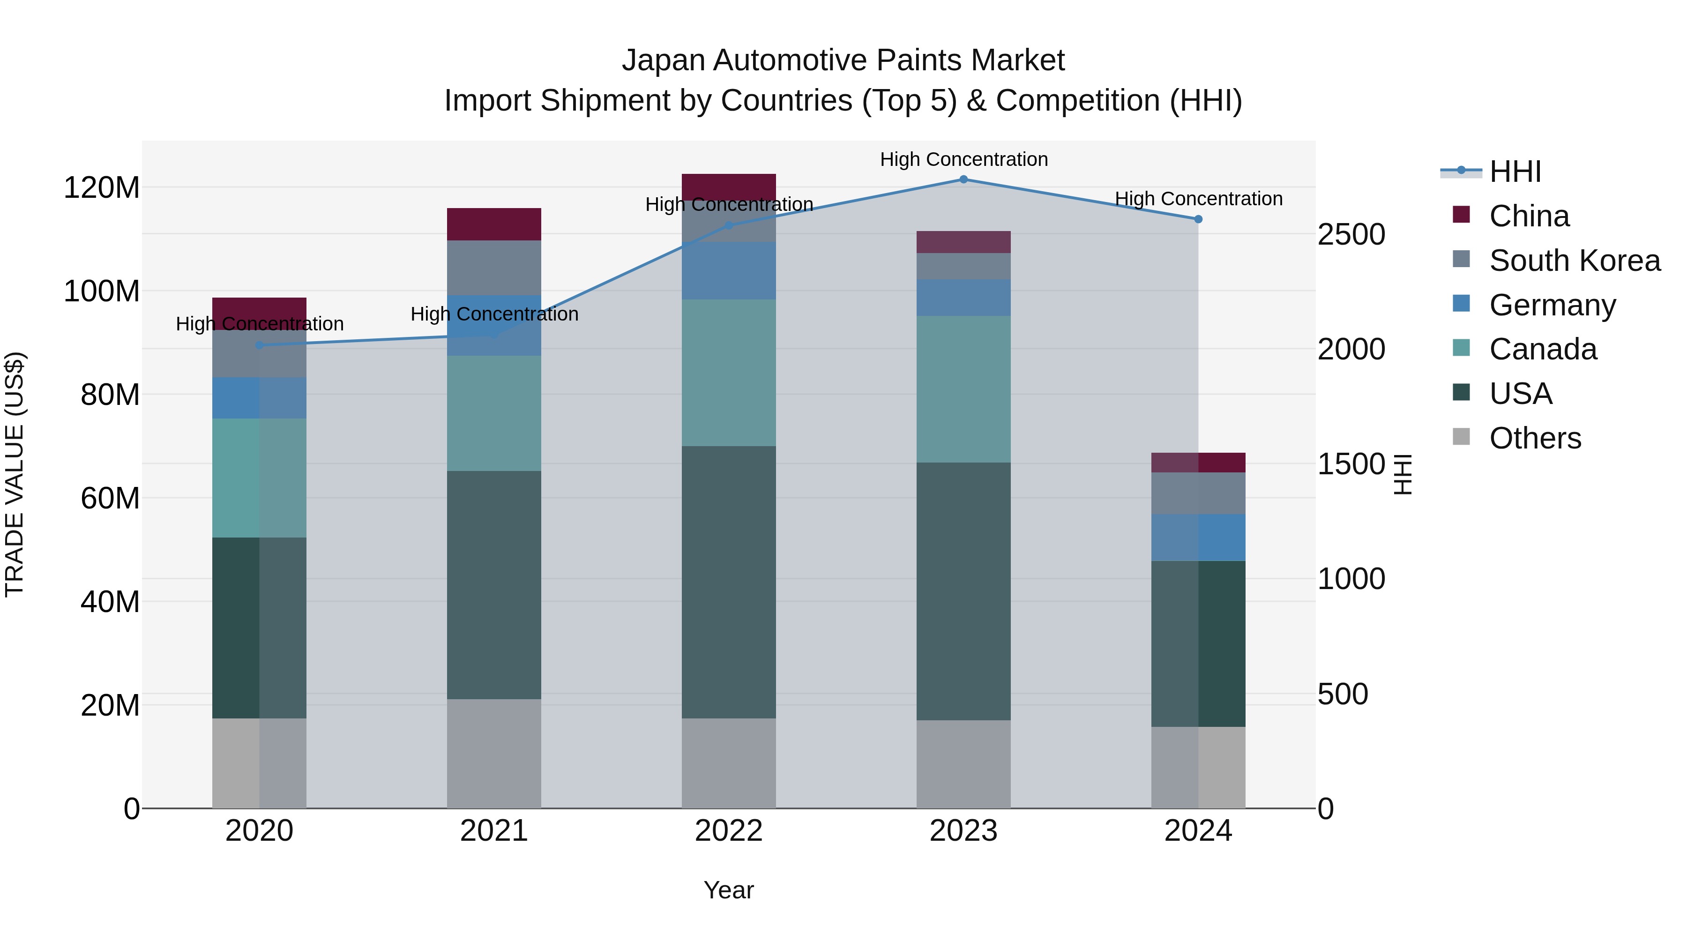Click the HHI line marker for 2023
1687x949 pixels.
[x=963, y=179]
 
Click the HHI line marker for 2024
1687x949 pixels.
[x=1198, y=219]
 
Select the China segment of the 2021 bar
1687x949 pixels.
[x=494, y=224]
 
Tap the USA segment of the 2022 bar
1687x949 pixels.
[x=728, y=582]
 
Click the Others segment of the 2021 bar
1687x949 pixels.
[x=494, y=753]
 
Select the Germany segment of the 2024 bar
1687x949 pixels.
[x=1198, y=537]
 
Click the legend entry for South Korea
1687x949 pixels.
[x=1575, y=261]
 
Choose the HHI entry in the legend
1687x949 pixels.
[x=1515, y=172]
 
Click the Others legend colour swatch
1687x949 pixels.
[x=1461, y=437]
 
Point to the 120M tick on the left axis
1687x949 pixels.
[x=102, y=188]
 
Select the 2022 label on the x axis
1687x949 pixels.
[x=728, y=831]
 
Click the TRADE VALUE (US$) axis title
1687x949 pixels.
[x=15, y=474]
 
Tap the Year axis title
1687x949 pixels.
[x=728, y=890]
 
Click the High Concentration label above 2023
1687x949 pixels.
[x=963, y=159]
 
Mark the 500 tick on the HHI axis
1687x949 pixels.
[x=1343, y=694]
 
